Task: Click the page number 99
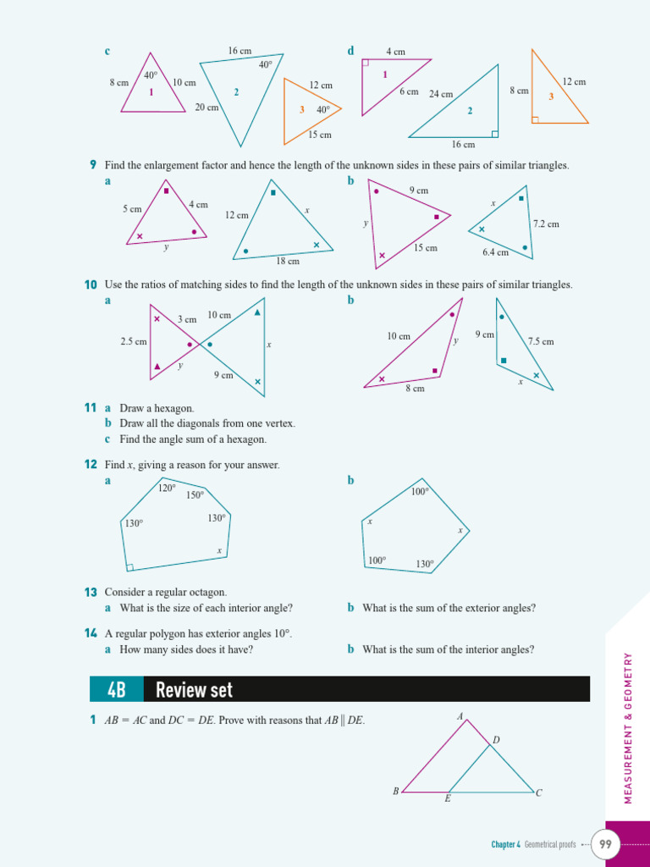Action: [605, 843]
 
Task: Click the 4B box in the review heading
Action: [117, 689]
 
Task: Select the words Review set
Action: [194, 690]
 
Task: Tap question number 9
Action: [93, 165]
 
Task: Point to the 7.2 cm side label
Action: [546, 224]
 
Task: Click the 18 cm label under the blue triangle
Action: [288, 262]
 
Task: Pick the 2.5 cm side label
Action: [134, 341]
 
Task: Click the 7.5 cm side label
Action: [541, 341]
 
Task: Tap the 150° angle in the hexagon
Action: [196, 495]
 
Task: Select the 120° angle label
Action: [167, 488]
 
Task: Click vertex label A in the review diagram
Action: [460, 716]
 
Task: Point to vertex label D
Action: [496, 740]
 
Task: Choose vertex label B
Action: [395, 792]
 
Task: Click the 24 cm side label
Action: [441, 94]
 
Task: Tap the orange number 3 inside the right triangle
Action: [551, 97]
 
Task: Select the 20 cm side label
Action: [207, 108]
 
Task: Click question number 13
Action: [91, 592]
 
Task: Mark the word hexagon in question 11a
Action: [178, 408]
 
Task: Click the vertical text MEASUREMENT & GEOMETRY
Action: [628, 727]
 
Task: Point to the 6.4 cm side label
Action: [496, 252]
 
